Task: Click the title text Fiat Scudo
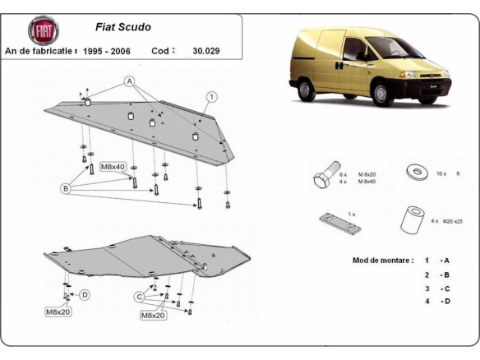pos(127,26)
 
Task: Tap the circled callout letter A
pos(129,81)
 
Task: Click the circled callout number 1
pos(212,96)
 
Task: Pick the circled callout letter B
pos(65,187)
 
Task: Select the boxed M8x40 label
pos(113,167)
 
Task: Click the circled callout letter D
pos(85,294)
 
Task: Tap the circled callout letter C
pos(141,296)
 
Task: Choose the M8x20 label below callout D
pos(59,312)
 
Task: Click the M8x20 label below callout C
pos(153,315)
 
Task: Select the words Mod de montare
pos(382,260)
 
